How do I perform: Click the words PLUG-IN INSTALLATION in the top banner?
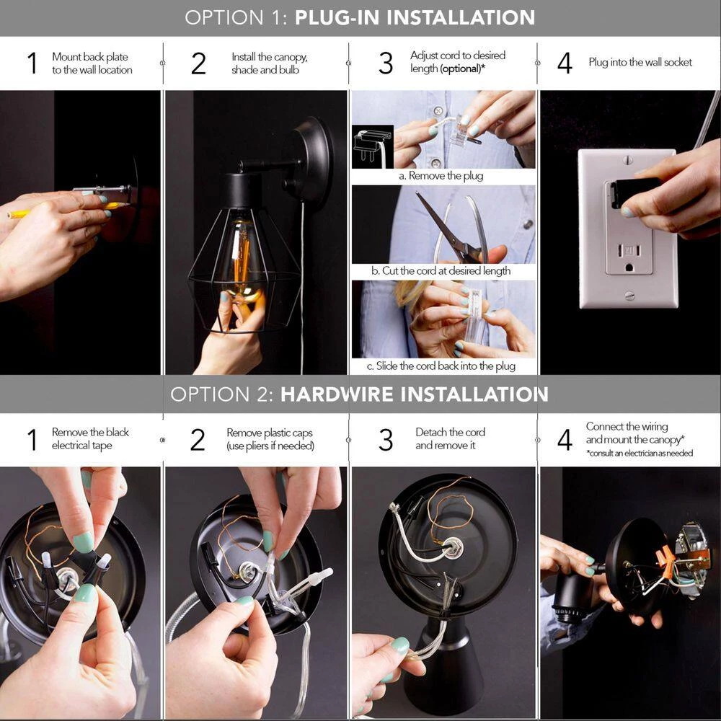point(415,17)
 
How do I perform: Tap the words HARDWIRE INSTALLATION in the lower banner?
point(415,394)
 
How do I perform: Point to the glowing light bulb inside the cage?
point(243,260)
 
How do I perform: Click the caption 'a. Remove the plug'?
point(441,176)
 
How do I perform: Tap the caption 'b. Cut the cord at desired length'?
point(441,271)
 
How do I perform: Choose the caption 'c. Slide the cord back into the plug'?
point(441,366)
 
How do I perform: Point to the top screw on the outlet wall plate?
point(629,161)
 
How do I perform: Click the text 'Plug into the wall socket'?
point(640,63)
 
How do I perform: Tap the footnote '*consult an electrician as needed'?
point(640,454)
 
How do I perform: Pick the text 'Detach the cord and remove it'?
point(450,438)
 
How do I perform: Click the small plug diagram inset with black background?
point(373,146)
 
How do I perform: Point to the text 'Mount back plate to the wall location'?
point(92,63)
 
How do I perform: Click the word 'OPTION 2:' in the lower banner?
point(222,395)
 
